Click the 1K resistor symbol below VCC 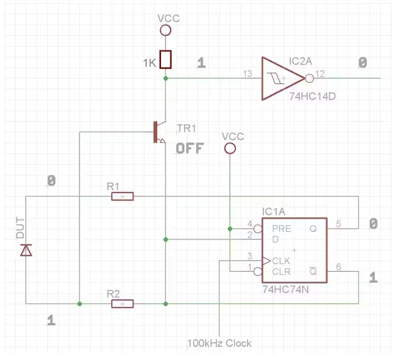(x=165, y=59)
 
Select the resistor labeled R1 (x=122, y=196)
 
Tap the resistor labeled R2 (x=122, y=304)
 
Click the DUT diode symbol (x=26, y=250)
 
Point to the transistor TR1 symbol (x=158, y=131)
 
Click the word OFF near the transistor (x=190, y=148)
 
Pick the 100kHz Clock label (x=219, y=344)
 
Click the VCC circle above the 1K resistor (x=165, y=30)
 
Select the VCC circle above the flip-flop (x=230, y=148)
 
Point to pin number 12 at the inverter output (x=321, y=74)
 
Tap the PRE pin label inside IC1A (x=281, y=229)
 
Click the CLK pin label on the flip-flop (x=281, y=260)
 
